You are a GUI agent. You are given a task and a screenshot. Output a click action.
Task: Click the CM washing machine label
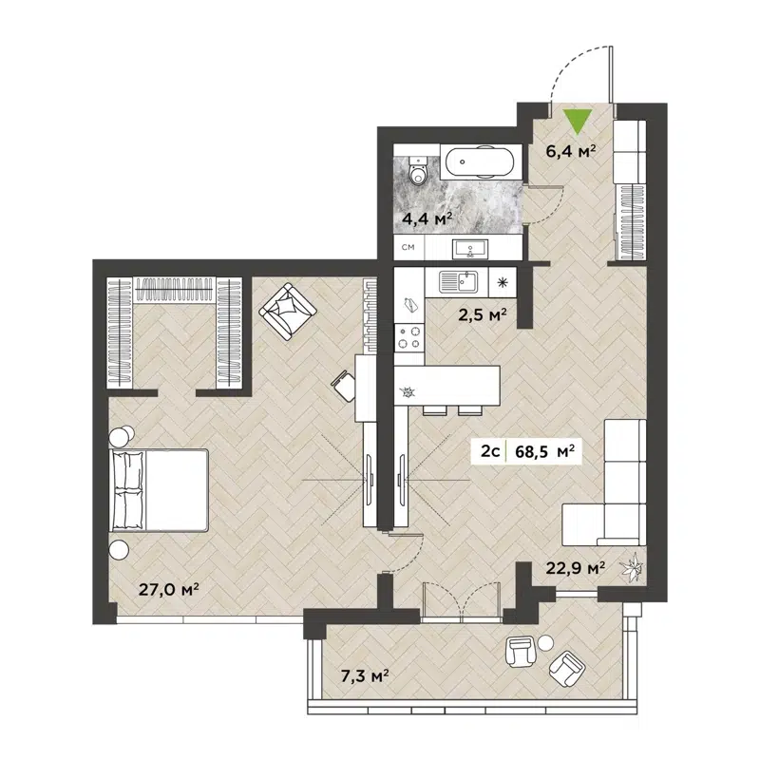tap(408, 248)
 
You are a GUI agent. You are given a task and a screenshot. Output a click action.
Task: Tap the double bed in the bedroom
tap(159, 490)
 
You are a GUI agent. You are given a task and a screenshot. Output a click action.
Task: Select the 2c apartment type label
tap(490, 452)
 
